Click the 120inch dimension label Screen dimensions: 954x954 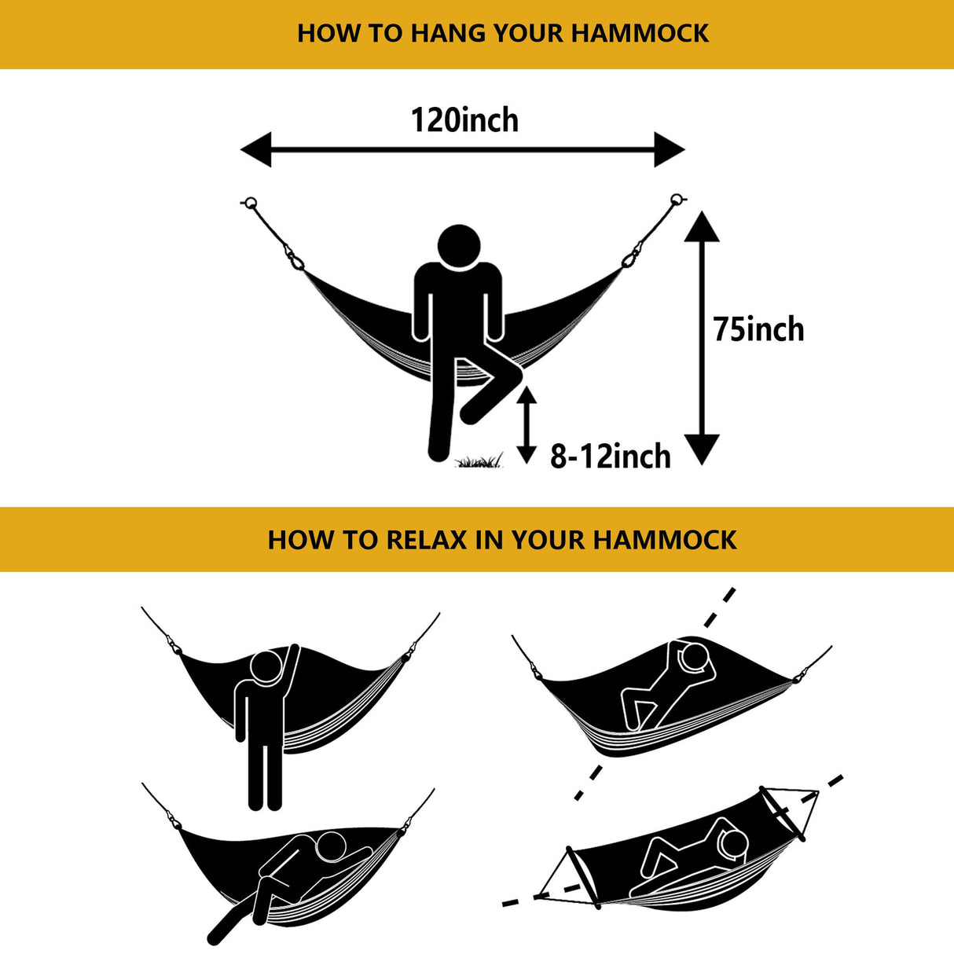click(x=464, y=120)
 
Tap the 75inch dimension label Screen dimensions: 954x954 click(x=758, y=329)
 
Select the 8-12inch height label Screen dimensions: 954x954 click(x=610, y=457)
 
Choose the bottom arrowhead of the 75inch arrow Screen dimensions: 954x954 click(x=702, y=449)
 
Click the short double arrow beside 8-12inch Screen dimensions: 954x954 click(x=526, y=424)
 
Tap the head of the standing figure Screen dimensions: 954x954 click(x=266, y=666)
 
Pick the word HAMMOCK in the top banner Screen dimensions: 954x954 click(x=640, y=33)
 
